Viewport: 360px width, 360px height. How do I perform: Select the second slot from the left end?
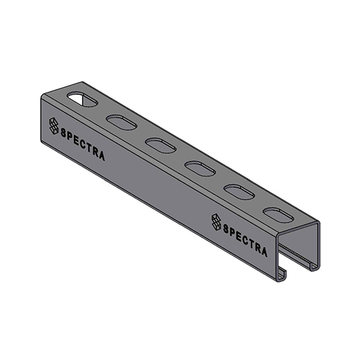(x=118, y=122)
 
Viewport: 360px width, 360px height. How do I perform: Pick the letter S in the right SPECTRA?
(x=227, y=230)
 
